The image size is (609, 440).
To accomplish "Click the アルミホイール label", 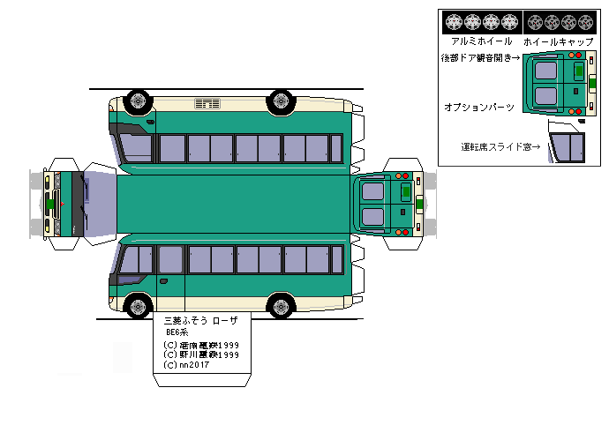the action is tap(482, 41).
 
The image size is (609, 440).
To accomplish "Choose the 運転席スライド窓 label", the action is tap(500, 146).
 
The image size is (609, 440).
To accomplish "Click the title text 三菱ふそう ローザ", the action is tap(201, 322).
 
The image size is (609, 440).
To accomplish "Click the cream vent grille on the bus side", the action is tap(207, 105).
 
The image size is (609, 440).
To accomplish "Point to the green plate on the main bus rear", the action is tap(405, 190).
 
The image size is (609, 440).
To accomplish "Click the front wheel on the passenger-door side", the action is tap(138, 307).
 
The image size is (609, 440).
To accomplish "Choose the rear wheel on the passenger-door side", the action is tap(282, 307).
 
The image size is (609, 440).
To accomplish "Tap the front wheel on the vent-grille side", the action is tap(137, 101).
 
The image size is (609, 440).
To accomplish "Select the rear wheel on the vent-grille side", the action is tap(282, 101).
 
